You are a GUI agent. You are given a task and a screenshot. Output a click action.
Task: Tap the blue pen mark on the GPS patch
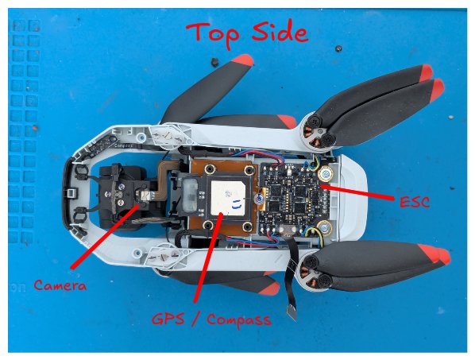(236, 203)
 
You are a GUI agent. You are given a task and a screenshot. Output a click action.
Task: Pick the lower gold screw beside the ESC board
(324, 233)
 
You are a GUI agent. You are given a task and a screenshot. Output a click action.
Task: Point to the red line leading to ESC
(361, 192)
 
